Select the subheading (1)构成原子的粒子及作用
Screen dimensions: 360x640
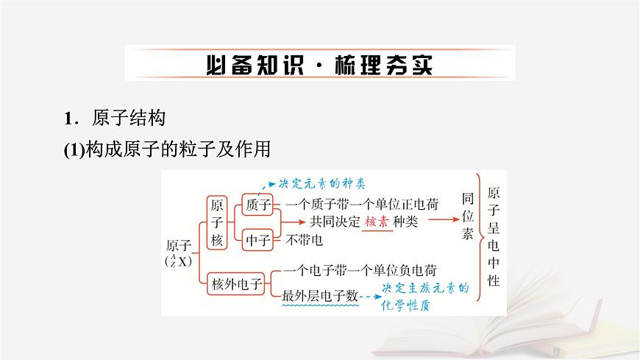168,149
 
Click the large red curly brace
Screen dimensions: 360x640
480,237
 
